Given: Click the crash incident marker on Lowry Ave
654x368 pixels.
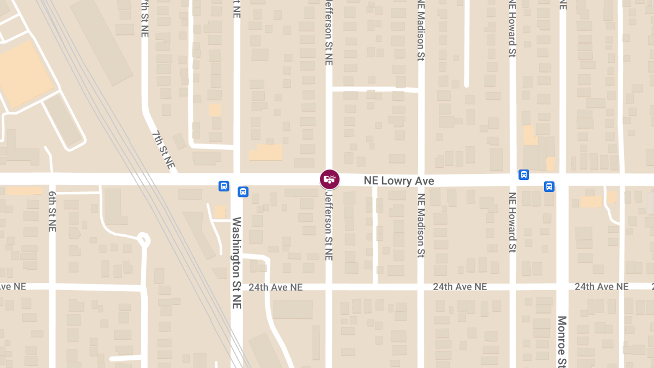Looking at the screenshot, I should coord(330,179).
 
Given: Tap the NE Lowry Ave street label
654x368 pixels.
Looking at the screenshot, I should coord(399,181).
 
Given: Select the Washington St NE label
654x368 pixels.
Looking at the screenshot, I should coord(237,263).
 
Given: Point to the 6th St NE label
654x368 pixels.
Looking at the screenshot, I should coord(52,212).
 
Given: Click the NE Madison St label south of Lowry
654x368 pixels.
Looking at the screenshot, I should coord(420,225).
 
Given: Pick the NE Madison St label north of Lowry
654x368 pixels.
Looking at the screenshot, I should coord(420,29).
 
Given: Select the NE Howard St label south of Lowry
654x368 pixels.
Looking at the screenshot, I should coord(512,222).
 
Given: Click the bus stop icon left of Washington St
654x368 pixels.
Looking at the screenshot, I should coord(223,186).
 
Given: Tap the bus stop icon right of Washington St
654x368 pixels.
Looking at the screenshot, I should coord(243,192).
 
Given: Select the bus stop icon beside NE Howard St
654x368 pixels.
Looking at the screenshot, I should coord(523,174).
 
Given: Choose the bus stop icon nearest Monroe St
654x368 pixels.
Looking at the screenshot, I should coord(549,186).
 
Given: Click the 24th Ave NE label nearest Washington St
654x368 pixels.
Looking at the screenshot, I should coord(275,287).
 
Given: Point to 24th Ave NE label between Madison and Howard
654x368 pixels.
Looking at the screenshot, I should coord(460,287).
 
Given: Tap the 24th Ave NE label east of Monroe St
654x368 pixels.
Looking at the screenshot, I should coord(601,287).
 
